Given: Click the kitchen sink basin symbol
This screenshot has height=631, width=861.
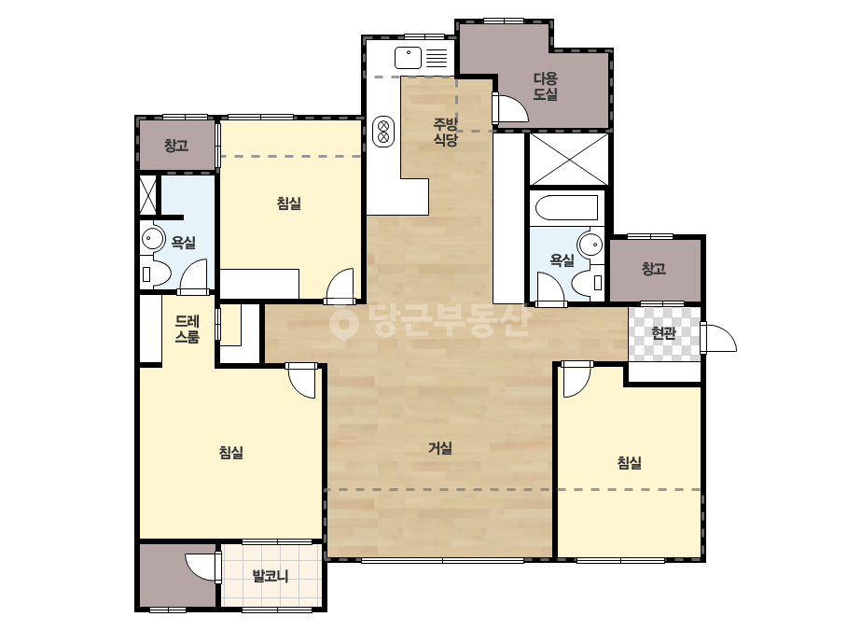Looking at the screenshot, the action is pos(408,58).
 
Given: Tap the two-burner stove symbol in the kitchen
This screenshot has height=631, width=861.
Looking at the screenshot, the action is pos(383,132).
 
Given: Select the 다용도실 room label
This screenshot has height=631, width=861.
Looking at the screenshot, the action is pos(546,86).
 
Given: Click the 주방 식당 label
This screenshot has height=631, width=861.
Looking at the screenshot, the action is pos(445,132).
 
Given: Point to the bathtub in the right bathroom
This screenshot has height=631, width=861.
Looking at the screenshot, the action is pos(566,208).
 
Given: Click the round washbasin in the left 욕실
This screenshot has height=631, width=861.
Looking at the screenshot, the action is pos(153,239).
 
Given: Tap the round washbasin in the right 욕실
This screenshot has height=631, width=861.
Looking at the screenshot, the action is pos(590,244).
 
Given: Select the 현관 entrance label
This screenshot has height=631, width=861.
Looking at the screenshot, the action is pos(663,333).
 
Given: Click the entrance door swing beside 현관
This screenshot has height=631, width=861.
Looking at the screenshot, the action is pos(719,338).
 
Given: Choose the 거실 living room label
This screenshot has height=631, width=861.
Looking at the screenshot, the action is pos(440,449).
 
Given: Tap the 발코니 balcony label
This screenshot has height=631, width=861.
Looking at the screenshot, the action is pos(271,576).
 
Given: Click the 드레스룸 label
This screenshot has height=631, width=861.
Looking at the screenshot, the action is pos(187,329).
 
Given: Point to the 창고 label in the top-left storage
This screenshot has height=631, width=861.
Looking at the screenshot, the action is pos(176,146).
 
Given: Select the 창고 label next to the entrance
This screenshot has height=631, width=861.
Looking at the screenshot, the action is pos(654,269).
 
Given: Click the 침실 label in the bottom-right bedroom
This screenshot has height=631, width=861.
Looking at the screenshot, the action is pos(630,463).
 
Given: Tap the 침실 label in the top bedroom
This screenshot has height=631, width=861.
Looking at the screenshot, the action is pos(289,203).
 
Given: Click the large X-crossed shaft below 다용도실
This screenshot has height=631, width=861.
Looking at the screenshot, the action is pos(569,160).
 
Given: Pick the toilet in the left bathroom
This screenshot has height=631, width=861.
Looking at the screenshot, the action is pos(156,273).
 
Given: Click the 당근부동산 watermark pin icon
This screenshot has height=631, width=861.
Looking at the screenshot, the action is pos(343,323).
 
